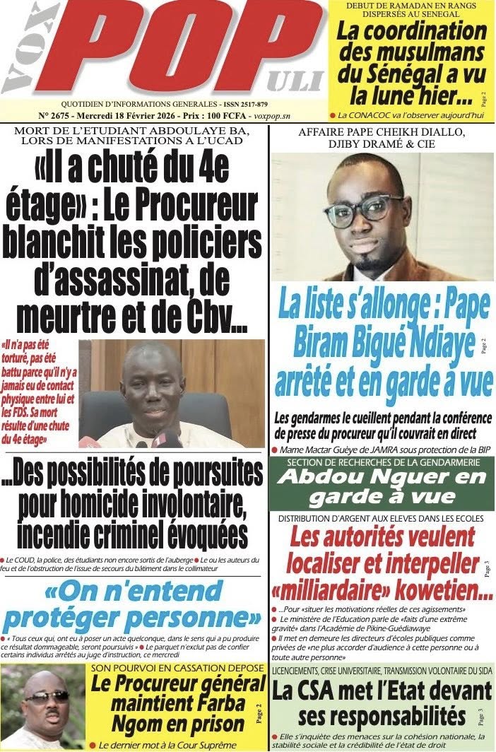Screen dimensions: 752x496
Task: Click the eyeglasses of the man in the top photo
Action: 363,209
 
